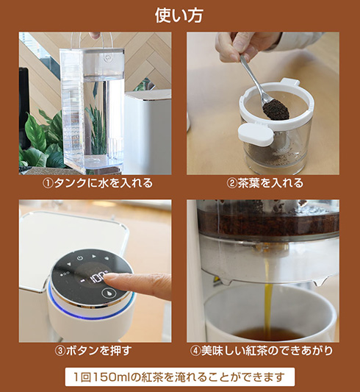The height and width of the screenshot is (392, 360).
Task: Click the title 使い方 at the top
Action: (180, 15)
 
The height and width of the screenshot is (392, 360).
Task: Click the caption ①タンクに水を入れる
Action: (95, 183)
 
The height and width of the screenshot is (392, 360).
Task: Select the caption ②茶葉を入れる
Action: (265, 183)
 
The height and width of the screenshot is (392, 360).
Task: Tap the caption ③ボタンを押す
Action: (95, 350)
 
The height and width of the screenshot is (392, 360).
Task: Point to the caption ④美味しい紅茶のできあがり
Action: (265, 350)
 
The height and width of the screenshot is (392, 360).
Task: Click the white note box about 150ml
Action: (180, 377)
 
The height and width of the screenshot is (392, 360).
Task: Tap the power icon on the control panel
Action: (80, 259)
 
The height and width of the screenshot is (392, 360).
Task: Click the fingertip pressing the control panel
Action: (110, 277)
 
